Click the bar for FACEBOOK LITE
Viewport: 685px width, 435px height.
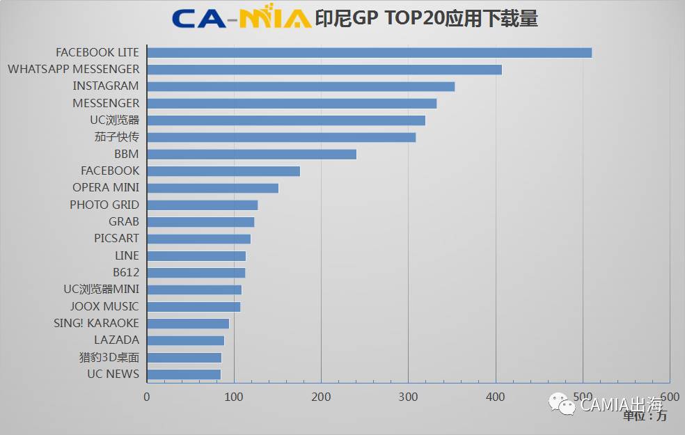coord(370,53)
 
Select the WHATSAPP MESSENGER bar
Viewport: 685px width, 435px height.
coord(324,70)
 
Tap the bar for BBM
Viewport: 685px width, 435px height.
coord(252,155)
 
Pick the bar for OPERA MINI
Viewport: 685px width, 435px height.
coord(213,188)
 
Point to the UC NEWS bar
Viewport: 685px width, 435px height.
coord(184,374)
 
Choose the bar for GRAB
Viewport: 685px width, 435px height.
coord(200,222)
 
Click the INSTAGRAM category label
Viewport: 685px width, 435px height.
coord(106,86)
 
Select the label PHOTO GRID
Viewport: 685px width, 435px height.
coord(104,205)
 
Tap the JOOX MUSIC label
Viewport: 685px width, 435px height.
coord(104,307)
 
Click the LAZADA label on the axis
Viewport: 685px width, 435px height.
coord(117,340)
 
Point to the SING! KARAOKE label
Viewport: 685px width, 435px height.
coord(96,324)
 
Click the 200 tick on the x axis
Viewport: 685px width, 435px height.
coord(321,397)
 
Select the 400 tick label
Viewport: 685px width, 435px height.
coord(496,397)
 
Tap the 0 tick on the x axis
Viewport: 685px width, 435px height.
coord(147,397)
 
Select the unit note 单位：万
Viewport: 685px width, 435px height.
coord(645,416)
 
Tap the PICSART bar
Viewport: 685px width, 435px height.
coord(199,239)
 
